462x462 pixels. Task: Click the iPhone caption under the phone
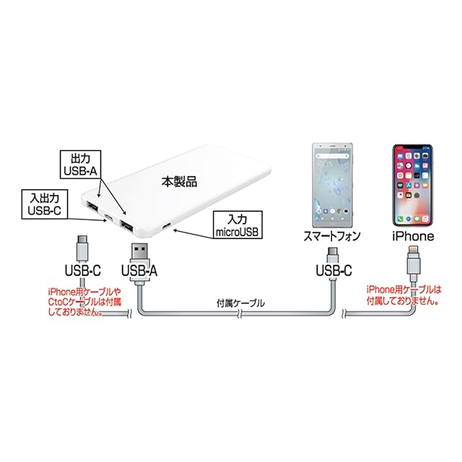(412, 236)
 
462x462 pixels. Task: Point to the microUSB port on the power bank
(167, 229)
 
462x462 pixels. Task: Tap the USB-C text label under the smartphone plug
(333, 272)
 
